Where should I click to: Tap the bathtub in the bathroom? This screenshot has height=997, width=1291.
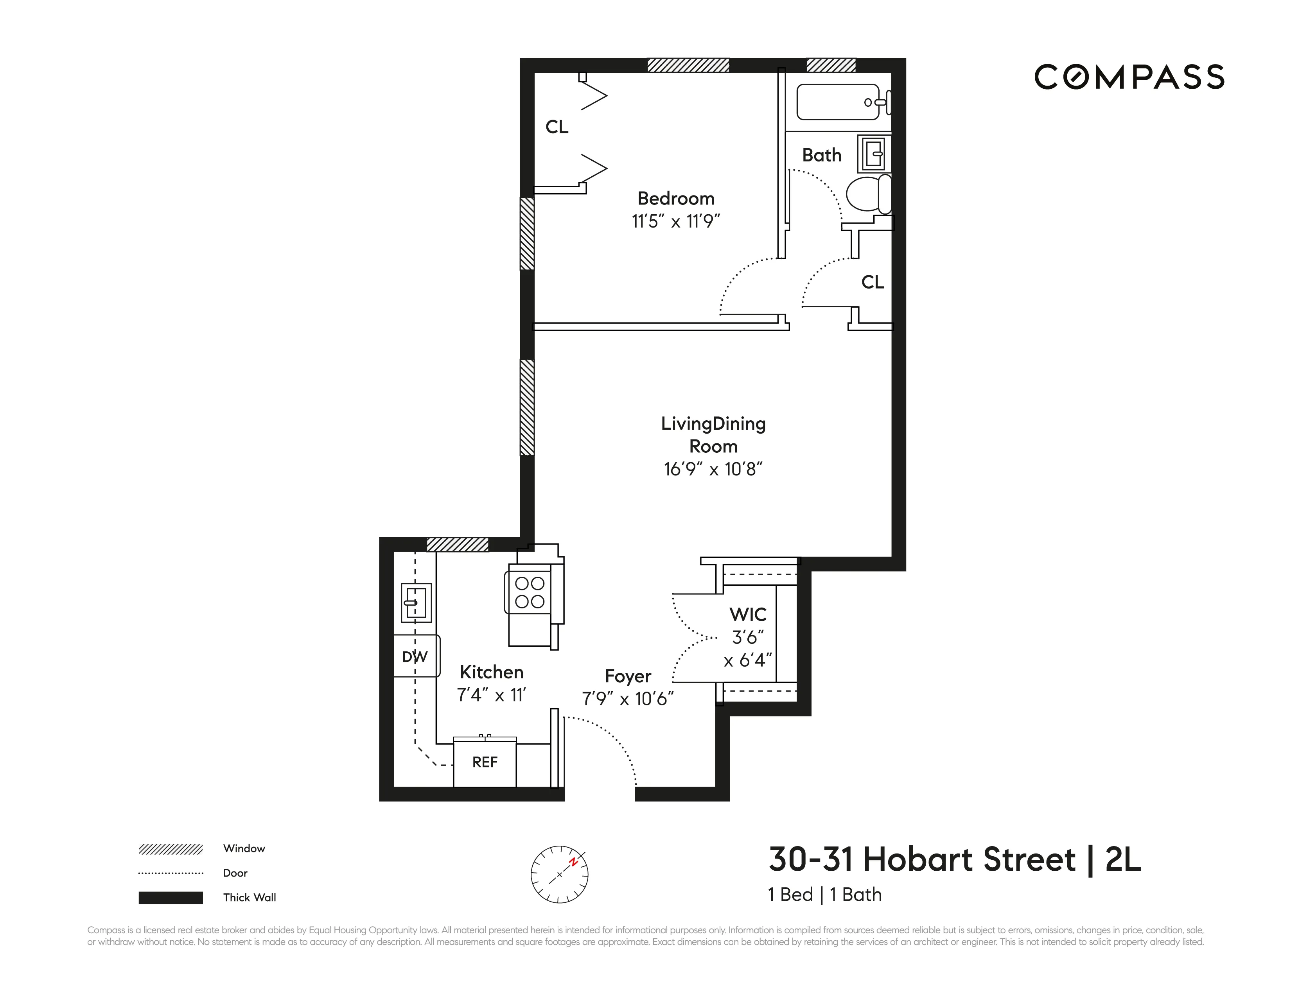pyautogui.click(x=838, y=102)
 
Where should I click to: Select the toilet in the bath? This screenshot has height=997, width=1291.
pyautogui.click(x=868, y=193)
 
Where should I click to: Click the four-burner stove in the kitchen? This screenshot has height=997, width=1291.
pyautogui.click(x=529, y=593)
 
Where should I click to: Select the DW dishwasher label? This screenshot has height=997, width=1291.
pyautogui.click(x=415, y=656)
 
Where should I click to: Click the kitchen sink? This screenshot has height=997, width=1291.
pyautogui.click(x=416, y=602)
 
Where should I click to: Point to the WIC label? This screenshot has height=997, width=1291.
pyautogui.click(x=748, y=615)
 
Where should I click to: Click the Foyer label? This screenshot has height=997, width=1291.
pyautogui.click(x=628, y=676)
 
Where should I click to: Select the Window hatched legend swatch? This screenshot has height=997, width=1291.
pyautogui.click(x=171, y=849)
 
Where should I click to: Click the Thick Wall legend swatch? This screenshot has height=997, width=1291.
pyautogui.click(x=171, y=898)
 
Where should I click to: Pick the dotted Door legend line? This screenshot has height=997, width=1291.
pyautogui.click(x=171, y=873)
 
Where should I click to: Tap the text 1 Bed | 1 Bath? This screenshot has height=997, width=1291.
pyautogui.click(x=824, y=895)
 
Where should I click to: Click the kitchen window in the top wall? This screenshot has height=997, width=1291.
pyautogui.click(x=458, y=544)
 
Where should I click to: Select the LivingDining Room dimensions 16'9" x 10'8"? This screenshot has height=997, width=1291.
pyautogui.click(x=713, y=469)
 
